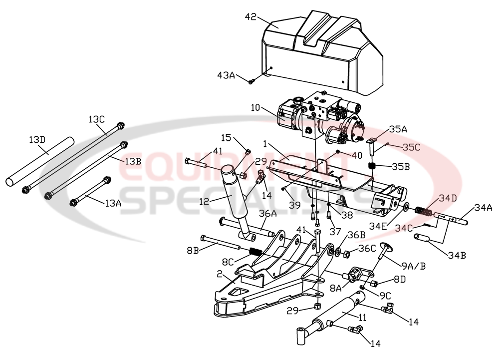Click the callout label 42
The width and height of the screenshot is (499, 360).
point(251,17)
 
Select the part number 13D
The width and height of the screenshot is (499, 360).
point(36,141)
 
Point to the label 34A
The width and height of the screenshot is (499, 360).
point(484,207)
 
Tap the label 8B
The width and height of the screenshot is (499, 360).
point(194,250)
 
